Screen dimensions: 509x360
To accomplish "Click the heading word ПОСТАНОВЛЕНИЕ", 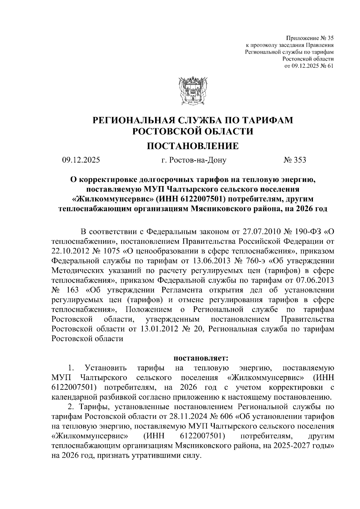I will coord(192,146).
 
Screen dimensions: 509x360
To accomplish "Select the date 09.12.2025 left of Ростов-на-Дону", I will coord(81,160).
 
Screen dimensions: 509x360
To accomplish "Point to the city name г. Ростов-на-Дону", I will coord(193,160).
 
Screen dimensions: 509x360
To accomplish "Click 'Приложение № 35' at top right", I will coord(310,38).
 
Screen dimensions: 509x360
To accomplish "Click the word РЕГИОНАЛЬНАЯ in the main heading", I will coord(133,120).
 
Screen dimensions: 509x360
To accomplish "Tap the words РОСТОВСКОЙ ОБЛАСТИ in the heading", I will coord(193,131).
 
